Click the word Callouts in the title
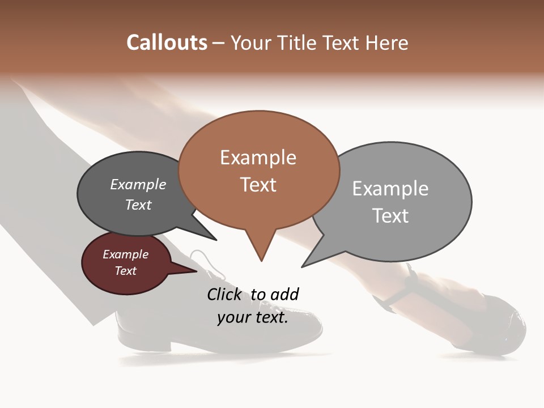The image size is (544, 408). (x=167, y=42)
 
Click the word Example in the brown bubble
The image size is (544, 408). (x=258, y=158)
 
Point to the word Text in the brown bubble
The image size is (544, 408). (x=258, y=185)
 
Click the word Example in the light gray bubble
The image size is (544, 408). (x=390, y=189)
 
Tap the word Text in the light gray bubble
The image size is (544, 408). (x=390, y=216)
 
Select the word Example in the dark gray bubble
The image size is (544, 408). (x=138, y=184)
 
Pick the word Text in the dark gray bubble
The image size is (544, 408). (x=138, y=205)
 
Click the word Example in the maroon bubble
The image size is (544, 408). (x=125, y=254)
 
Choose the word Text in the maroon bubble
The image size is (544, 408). (x=125, y=271)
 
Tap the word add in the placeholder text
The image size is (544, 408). (x=284, y=294)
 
